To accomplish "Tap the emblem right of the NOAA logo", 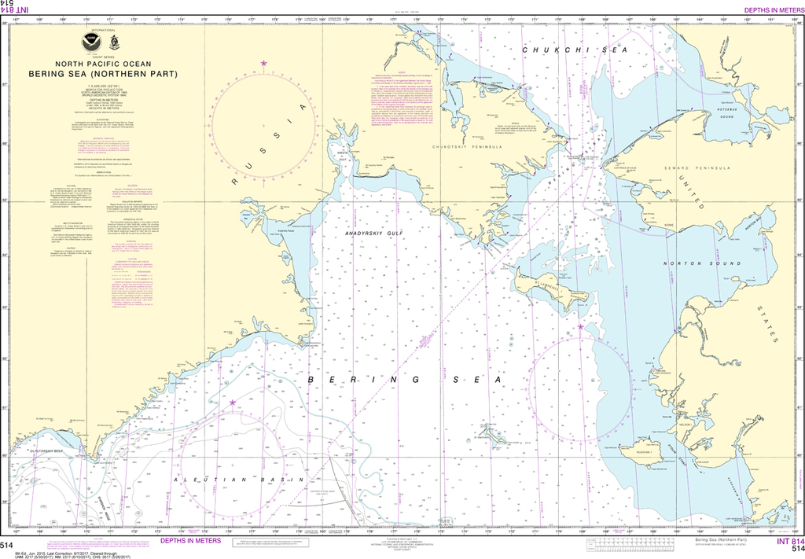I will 114,42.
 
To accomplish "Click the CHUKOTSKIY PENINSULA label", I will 465,147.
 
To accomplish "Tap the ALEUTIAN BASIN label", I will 227,479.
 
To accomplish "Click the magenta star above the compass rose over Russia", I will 263,63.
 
